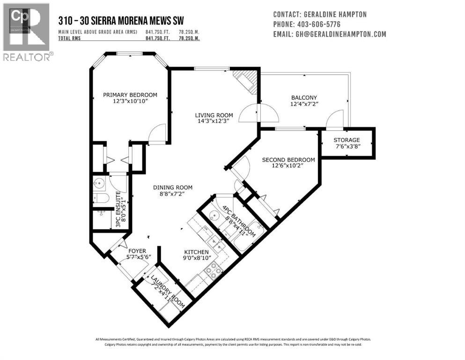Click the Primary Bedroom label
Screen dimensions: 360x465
point(130,95)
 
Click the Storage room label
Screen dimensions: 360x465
point(347,140)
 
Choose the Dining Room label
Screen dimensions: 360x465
point(173,187)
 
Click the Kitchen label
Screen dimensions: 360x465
point(196,252)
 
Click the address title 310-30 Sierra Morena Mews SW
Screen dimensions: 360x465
point(120,20)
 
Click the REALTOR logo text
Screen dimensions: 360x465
point(27,57)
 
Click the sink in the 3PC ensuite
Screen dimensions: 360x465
point(99,183)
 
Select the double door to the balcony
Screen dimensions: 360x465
point(258,113)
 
